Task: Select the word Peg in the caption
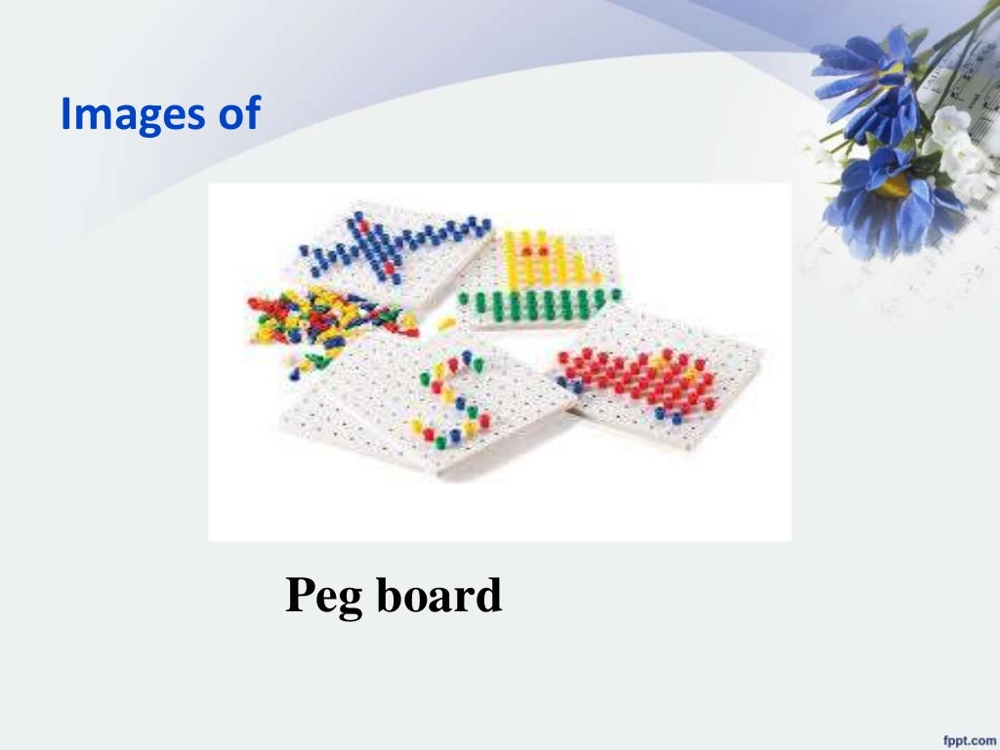[323, 595]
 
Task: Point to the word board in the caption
[439, 595]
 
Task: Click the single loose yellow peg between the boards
[446, 322]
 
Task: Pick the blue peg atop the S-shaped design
[467, 357]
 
